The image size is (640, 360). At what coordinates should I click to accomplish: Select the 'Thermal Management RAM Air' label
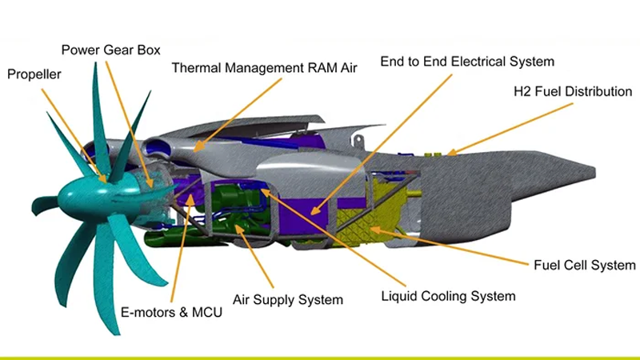click(264, 68)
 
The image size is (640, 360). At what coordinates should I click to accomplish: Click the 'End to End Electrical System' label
click(467, 61)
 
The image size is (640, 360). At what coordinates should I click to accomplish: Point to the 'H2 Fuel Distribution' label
click(573, 91)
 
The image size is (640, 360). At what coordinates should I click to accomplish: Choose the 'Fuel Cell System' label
click(585, 265)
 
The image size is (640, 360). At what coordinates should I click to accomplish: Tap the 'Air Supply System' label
click(288, 300)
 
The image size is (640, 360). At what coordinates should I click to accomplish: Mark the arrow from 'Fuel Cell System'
click(448, 245)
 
